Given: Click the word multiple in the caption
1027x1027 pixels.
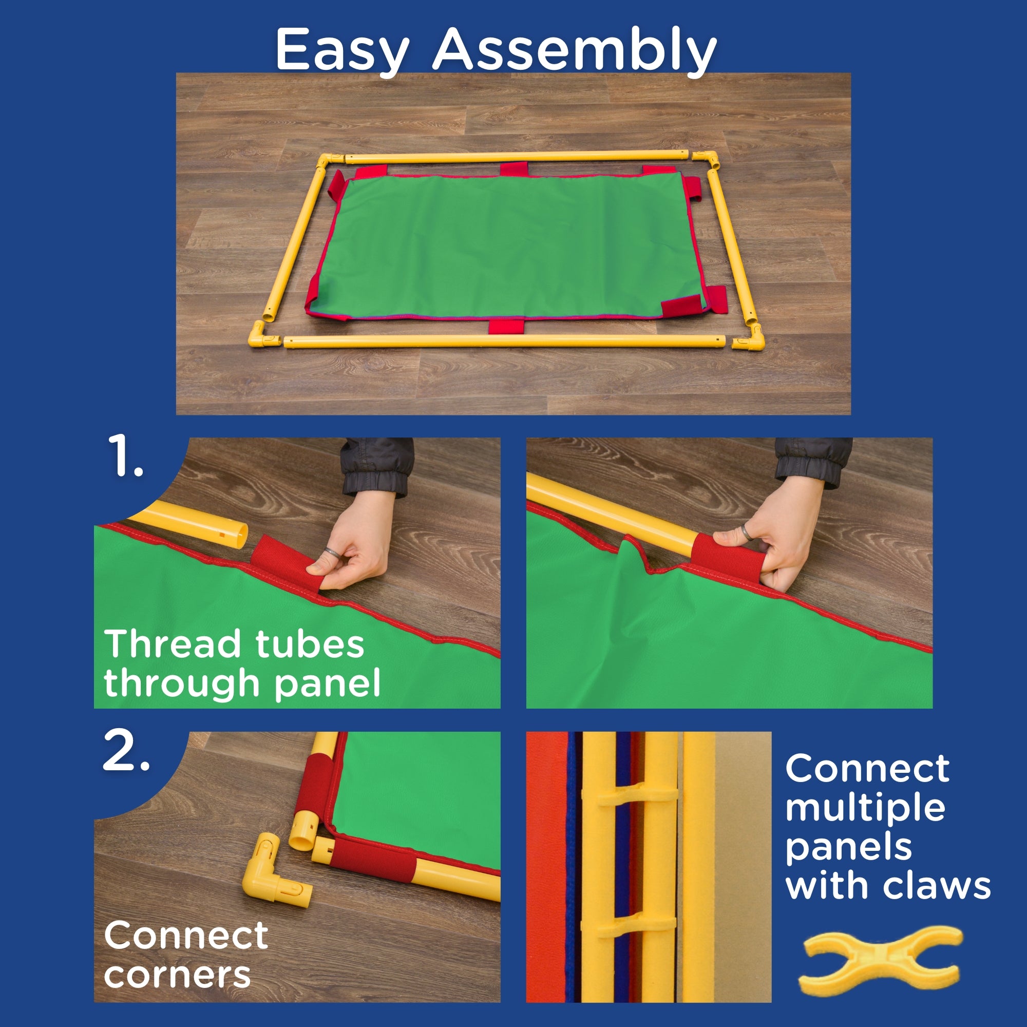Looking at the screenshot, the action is coord(865,807).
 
